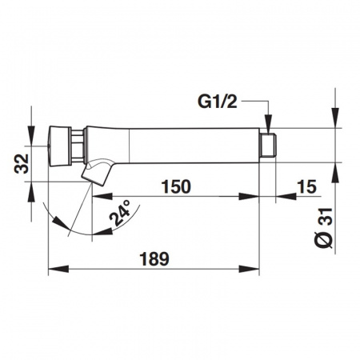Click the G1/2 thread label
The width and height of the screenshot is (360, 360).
[x=218, y=102]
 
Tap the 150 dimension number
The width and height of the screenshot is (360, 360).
[x=177, y=186]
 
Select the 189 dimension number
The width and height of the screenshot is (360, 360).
[x=154, y=258]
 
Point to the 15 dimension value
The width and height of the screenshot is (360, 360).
[x=307, y=186]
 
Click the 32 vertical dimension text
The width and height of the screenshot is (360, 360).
[x=22, y=164]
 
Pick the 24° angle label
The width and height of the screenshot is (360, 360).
[x=120, y=213]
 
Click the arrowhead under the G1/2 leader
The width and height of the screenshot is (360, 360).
[x=268, y=123]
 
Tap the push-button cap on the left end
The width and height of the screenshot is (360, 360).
[x=59, y=146]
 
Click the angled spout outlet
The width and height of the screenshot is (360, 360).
[x=97, y=172]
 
